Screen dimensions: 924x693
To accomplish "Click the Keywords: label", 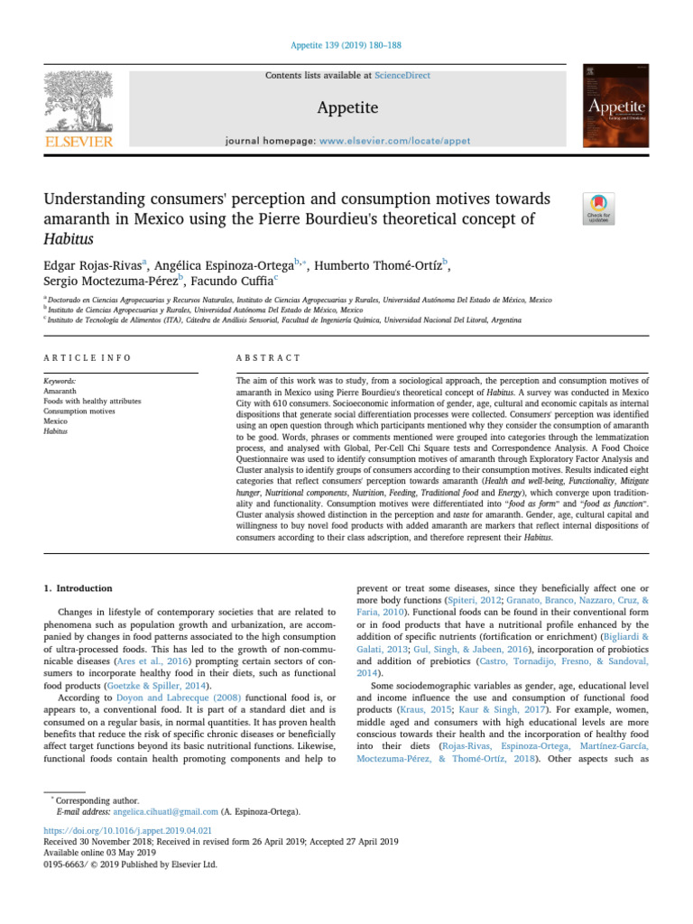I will click(60, 382).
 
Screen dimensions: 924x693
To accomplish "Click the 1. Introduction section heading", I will click(79, 588).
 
